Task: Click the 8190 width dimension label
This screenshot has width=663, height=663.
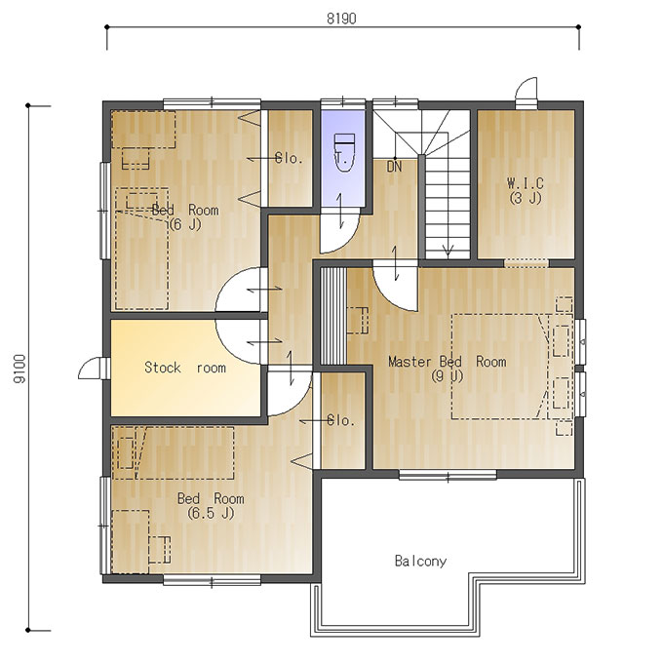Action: pyautogui.click(x=341, y=19)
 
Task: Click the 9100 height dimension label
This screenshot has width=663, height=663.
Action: pyautogui.click(x=19, y=369)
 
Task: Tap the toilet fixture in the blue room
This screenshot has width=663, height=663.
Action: pyautogui.click(x=344, y=153)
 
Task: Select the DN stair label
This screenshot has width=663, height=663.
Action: pyautogui.click(x=394, y=167)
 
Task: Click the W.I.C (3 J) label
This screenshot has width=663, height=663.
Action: pyautogui.click(x=526, y=191)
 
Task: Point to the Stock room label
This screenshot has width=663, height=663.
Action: pyautogui.click(x=185, y=368)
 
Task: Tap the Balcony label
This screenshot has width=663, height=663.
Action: pyautogui.click(x=420, y=561)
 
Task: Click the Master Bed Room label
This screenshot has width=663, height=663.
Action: pyautogui.click(x=448, y=369)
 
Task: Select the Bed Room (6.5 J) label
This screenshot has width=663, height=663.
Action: pyautogui.click(x=211, y=505)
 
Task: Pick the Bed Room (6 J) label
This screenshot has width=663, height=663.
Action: pyautogui.click(x=185, y=216)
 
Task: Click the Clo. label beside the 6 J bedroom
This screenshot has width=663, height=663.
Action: pyautogui.click(x=290, y=158)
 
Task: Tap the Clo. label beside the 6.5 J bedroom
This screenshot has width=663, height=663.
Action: pyautogui.click(x=341, y=420)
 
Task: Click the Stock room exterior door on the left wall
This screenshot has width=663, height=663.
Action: pyautogui.click(x=90, y=369)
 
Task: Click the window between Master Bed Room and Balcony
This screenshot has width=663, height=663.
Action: pyautogui.click(x=448, y=475)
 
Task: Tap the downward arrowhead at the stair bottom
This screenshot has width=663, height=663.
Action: pyautogui.click(x=448, y=251)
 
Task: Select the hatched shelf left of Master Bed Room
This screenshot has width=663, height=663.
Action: pyautogui.click(x=333, y=316)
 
